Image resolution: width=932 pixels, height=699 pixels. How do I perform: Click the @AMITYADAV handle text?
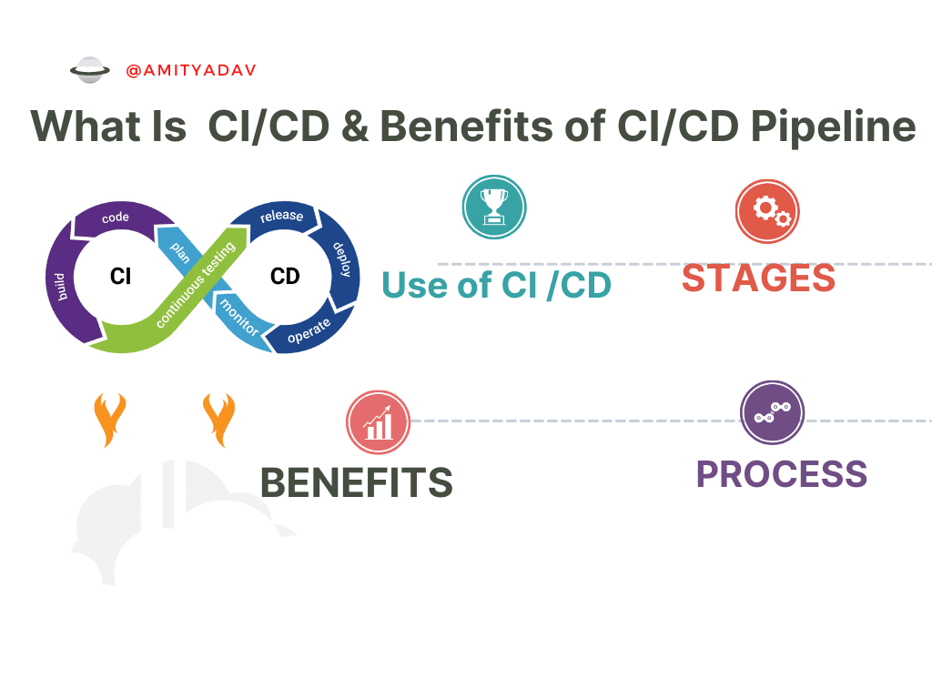pos(191,70)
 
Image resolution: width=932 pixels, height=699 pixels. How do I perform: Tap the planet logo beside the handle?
pos(90,70)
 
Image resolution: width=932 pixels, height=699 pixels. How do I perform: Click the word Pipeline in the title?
pos(834,127)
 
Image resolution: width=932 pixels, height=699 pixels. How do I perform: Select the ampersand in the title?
pos(355,126)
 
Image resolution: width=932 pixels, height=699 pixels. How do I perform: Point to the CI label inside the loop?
pos(121,277)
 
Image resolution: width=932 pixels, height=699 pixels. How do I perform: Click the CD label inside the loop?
pos(285,277)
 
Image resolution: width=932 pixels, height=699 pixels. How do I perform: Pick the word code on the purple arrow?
pos(116,218)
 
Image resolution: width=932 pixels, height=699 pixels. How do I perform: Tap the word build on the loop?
pos(59,287)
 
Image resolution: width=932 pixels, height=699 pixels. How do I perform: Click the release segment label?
pos(282,215)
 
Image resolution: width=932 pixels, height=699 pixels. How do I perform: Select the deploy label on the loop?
pos(342,259)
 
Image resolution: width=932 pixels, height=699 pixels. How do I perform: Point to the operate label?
pos(309,331)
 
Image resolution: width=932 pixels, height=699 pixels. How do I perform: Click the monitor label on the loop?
pos(239,318)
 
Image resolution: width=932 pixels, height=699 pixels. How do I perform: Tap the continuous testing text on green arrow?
pos(196,285)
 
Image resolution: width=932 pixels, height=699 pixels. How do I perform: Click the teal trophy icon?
pos(494,207)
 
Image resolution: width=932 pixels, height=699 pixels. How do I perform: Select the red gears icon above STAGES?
pos(767,211)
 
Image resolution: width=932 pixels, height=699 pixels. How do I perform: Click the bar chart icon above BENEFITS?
pos(378,422)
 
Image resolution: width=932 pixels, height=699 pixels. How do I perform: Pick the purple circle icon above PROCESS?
pos(772,412)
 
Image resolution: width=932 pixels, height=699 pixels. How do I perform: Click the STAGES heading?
pos(758,279)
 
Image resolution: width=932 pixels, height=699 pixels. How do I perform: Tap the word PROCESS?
pos(782,474)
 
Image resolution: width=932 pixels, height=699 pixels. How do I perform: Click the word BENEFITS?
pos(357,482)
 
